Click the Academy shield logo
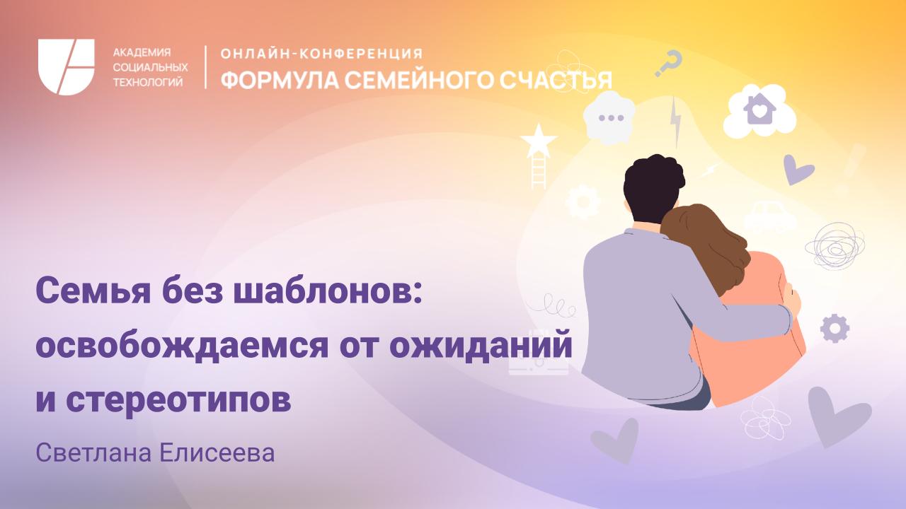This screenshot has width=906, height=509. tap(67, 67)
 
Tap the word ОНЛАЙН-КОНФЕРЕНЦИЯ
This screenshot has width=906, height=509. tap(322, 54)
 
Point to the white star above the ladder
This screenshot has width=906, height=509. tap(539, 139)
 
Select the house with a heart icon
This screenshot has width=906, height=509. tap(759, 110)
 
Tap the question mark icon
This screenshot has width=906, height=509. tap(669, 63)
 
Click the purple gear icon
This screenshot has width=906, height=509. tap(835, 328)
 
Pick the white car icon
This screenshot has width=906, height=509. tap(769, 216)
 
